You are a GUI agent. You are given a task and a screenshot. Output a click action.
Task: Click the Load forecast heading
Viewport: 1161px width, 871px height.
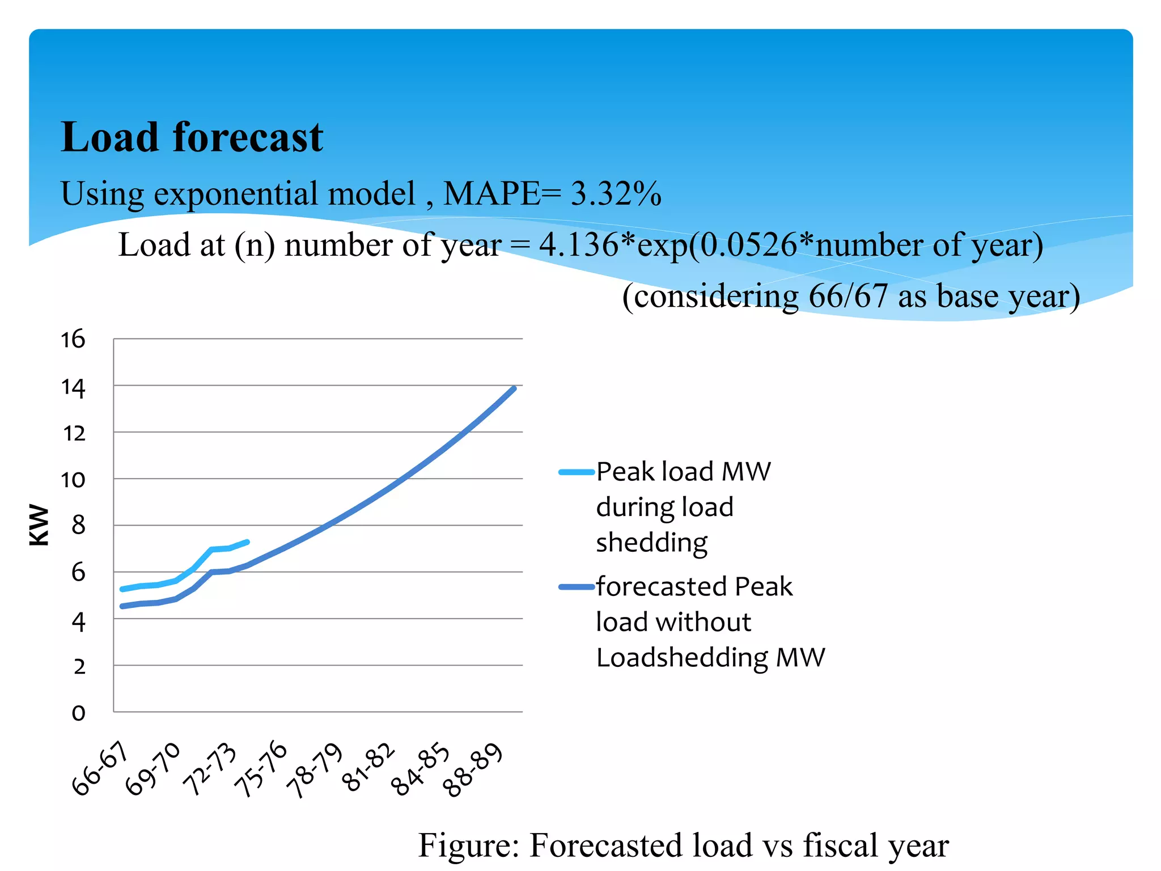[192, 137]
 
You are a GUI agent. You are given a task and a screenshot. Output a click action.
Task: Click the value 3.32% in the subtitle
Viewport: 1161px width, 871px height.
[616, 193]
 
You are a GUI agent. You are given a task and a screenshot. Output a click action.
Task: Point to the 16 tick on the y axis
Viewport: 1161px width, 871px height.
[73, 339]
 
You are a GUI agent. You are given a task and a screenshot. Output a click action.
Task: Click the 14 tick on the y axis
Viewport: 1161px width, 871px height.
[73, 388]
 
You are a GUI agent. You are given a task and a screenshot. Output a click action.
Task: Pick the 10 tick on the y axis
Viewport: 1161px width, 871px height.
[73, 480]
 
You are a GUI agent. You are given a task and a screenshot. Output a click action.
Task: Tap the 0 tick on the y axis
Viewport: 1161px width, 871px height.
[78, 713]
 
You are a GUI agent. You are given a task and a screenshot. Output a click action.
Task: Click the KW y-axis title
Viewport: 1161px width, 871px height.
[40, 525]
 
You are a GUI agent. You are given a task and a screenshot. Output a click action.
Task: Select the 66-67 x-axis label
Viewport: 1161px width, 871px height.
[100, 769]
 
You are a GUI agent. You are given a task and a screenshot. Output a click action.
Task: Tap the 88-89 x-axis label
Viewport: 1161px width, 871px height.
[472, 769]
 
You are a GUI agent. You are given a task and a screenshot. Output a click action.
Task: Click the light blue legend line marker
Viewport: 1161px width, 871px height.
[576, 472]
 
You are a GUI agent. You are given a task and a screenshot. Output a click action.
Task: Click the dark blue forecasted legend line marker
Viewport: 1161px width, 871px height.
[576, 587]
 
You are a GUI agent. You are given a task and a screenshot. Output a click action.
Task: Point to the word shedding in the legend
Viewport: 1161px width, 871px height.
[652, 543]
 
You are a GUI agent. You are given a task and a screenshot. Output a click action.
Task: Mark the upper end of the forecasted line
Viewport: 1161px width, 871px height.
[514, 388]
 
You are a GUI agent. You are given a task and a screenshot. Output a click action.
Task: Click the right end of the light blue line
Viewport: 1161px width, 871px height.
[248, 542]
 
